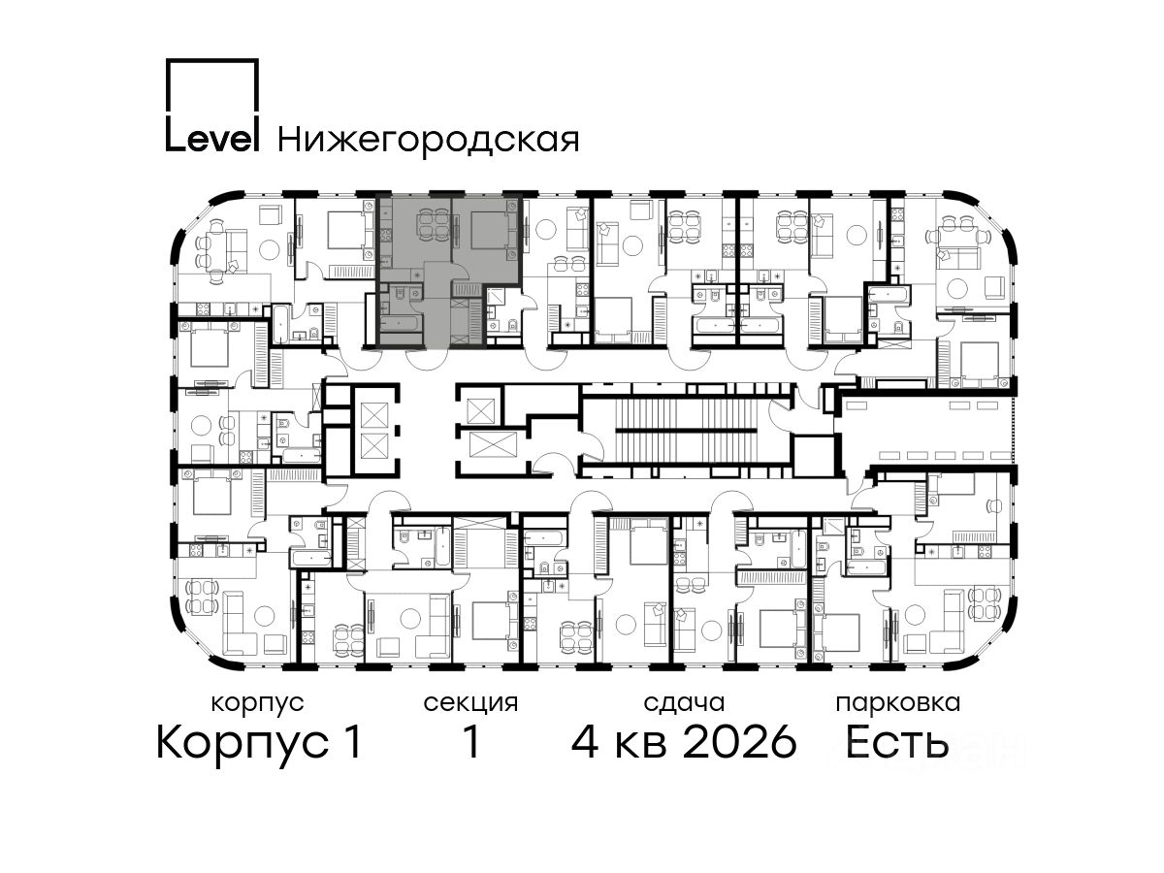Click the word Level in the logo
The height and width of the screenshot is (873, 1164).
(212, 139)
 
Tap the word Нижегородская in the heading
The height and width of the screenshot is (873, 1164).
(429, 141)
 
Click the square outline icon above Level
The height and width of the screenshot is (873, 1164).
(212, 90)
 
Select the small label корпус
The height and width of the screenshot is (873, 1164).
(258, 704)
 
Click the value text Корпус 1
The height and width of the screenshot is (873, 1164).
(259, 743)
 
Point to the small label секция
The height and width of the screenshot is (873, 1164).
(470, 704)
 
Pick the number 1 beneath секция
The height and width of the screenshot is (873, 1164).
(470, 742)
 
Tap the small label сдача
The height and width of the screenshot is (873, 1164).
(684, 704)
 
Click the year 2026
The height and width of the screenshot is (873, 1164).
(740, 742)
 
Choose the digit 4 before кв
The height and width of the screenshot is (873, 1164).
(585, 742)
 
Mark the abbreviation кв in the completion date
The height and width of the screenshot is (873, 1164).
(641, 746)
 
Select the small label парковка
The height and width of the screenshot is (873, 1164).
(898, 704)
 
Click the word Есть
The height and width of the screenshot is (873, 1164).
(896, 742)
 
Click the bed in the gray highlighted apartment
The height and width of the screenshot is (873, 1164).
(487, 231)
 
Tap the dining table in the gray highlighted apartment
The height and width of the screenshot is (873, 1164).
(434, 226)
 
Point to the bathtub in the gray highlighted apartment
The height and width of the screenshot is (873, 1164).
(401, 323)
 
